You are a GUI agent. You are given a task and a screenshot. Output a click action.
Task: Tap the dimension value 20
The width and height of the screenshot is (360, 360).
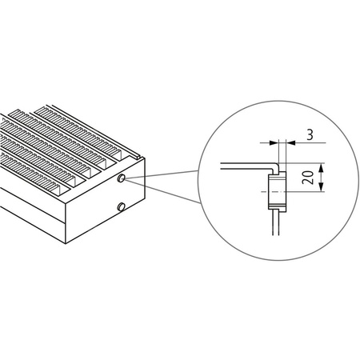307,178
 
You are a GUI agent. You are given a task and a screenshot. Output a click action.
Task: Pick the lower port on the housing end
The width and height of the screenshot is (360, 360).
121,208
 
